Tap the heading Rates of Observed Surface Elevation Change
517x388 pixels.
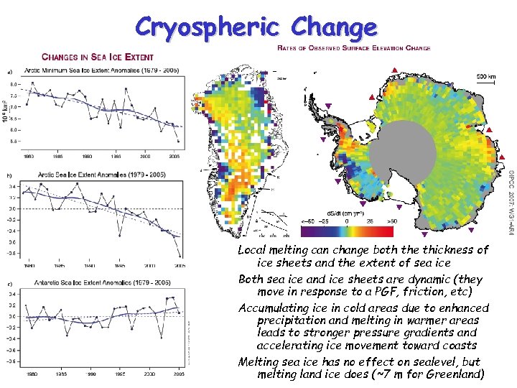(353, 48)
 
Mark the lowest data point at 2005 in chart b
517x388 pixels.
(179, 256)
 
